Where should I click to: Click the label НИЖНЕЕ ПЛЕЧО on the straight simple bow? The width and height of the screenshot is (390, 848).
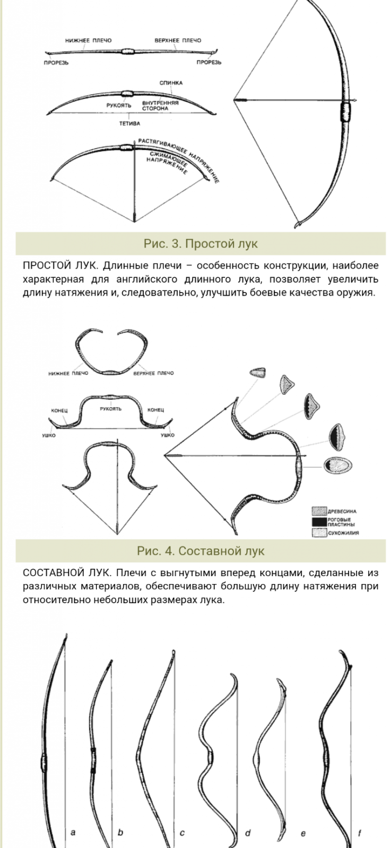tap(88, 40)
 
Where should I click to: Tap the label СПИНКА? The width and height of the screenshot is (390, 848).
tap(171, 83)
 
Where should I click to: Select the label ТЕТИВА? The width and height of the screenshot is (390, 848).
tap(129, 123)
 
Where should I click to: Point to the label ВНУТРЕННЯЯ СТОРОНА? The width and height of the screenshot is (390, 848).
tap(160, 105)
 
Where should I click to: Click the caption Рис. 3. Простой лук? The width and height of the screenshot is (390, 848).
tap(201, 243)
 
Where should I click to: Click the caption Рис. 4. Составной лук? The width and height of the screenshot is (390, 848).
tap(201, 551)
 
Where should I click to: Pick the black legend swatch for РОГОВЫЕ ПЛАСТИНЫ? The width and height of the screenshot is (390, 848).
tap(319, 522)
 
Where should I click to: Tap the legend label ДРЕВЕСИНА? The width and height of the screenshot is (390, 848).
tap(342, 511)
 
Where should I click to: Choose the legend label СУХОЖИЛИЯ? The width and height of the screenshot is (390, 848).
tap(343, 533)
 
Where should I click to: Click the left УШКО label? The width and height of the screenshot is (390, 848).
tap(49, 435)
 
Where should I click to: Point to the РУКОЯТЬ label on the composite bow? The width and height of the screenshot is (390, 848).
tap(111, 409)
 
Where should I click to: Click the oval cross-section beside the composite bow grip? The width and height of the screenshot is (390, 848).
tap(337, 465)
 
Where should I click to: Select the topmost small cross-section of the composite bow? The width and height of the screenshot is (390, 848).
tap(258, 372)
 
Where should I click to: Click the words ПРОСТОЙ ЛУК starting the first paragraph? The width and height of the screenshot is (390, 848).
tap(60, 266)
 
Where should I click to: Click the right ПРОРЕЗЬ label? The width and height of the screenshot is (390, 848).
tap(209, 63)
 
